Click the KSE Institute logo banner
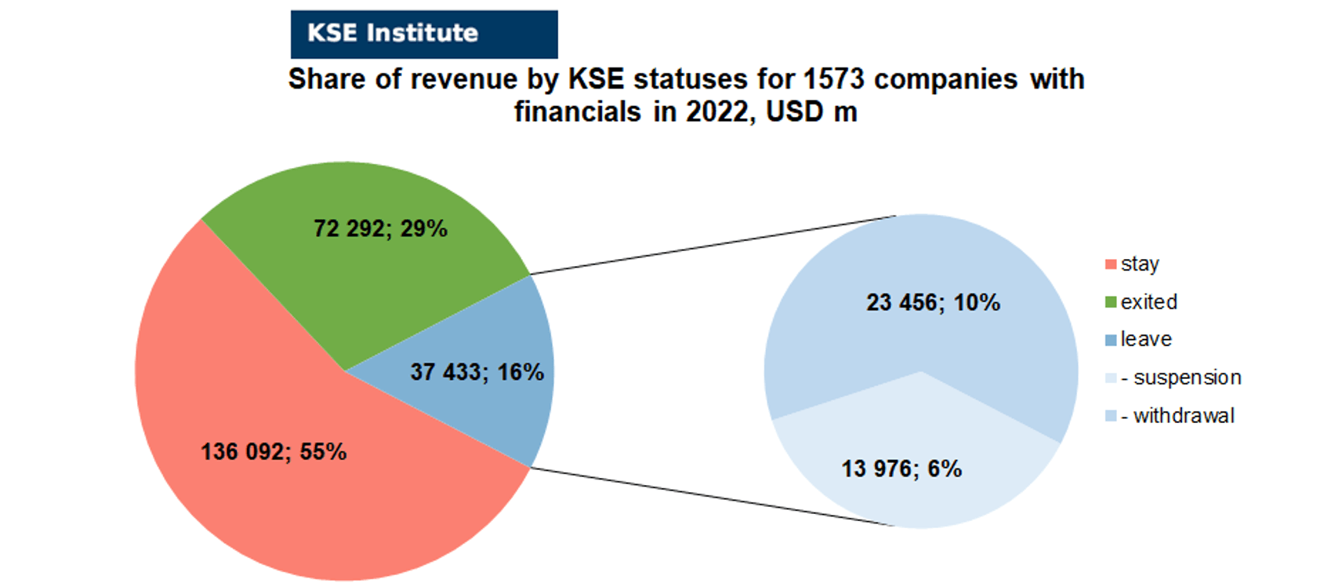[x=424, y=35]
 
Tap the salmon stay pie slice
[x=270, y=456]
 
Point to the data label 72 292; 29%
[x=380, y=228]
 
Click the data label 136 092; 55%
[x=274, y=451]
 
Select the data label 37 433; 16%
[x=477, y=372]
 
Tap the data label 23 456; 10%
[x=933, y=302]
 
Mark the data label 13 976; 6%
[x=901, y=469]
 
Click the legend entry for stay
[x=1132, y=264]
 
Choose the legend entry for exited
[x=1141, y=301]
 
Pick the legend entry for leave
[x=1138, y=339]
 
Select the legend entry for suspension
[x=1173, y=377]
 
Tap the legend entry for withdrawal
[x=1170, y=415]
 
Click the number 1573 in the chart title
[x=833, y=79]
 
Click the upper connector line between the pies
[x=713, y=245]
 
